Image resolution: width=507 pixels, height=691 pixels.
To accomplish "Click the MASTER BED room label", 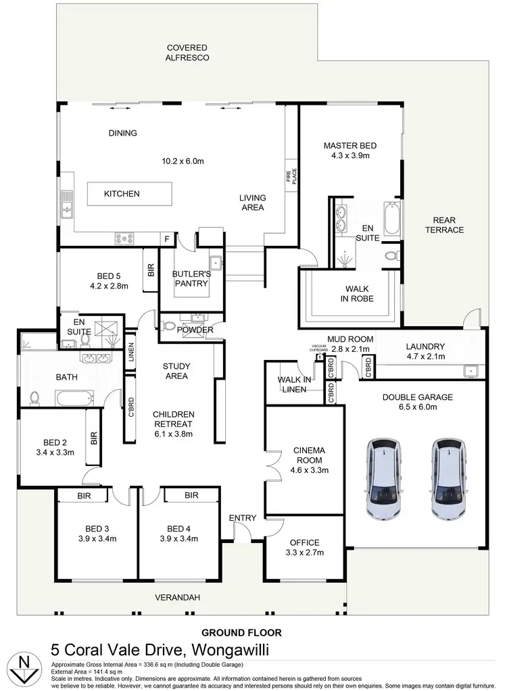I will (349, 150).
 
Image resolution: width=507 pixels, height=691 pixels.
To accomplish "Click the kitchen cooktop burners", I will (126, 238).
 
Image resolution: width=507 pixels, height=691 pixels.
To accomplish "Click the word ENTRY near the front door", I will (242, 518).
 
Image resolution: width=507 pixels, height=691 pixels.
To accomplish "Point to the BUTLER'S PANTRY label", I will (191, 279).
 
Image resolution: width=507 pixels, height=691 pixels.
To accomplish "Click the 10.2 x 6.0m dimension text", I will (183, 161).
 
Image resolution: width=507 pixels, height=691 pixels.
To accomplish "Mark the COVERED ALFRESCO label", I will (187, 53).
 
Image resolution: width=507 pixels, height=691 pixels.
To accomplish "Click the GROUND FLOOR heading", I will (241, 633).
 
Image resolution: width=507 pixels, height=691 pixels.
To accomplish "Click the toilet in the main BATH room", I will (35, 396).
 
